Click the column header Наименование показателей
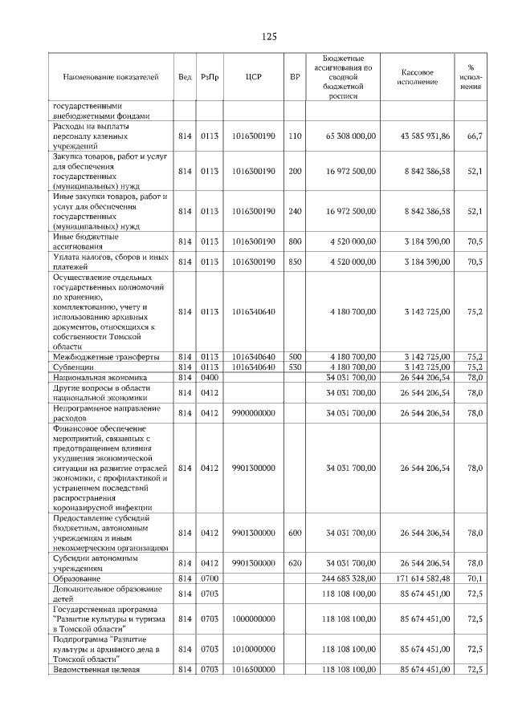click(111, 77)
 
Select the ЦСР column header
click(253, 77)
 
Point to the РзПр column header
click(210, 77)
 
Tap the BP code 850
click(295, 262)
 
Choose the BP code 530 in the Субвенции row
click(295, 367)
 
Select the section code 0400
click(210, 376)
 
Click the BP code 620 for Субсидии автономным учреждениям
click(295, 562)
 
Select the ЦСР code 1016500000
click(253, 670)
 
